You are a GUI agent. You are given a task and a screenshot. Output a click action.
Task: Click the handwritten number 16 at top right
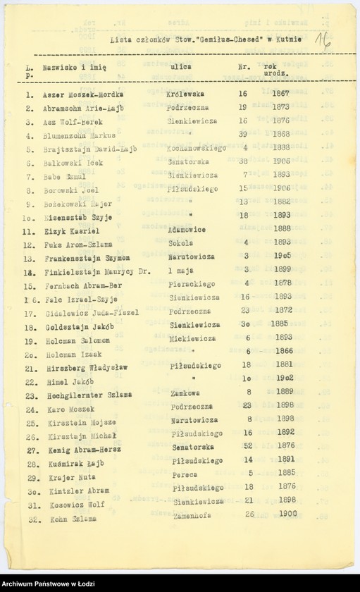tap(325, 38)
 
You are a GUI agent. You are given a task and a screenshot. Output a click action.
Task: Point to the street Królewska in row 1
tap(185, 93)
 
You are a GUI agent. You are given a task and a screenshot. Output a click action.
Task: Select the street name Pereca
tap(185, 475)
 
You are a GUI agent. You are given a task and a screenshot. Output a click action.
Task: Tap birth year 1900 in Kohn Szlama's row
tap(287, 514)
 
